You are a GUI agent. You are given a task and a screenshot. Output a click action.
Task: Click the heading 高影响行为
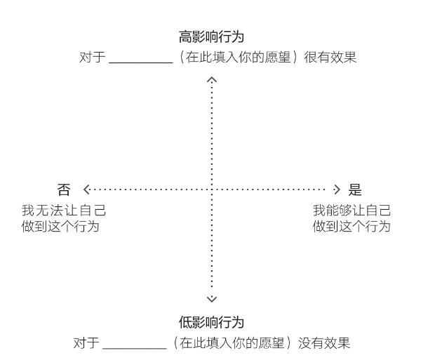(211, 36)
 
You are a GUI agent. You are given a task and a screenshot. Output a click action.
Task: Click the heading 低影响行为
(211, 322)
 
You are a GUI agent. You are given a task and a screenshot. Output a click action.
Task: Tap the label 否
(64, 189)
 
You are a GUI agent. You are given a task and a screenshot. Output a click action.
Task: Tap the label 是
(355, 189)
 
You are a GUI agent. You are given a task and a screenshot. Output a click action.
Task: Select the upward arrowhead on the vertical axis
(212, 80)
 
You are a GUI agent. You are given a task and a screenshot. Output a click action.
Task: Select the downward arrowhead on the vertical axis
(212, 299)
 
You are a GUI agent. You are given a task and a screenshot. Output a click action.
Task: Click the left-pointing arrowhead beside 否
(86, 189)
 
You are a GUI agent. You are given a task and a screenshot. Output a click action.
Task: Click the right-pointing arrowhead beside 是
(337, 189)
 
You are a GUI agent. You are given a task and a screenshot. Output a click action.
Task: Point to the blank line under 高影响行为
(141, 63)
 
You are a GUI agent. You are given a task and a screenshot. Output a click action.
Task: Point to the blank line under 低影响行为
(135, 349)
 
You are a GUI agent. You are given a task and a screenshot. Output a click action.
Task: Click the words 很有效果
(330, 58)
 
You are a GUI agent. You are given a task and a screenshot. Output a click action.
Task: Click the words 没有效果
(324, 343)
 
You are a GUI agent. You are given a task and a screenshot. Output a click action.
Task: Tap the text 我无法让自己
(64, 211)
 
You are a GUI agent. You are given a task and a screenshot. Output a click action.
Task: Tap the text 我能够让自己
(352, 211)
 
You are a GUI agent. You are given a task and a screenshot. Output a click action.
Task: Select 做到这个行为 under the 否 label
(60, 227)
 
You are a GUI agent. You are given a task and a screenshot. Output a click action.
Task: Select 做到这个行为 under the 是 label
(352, 227)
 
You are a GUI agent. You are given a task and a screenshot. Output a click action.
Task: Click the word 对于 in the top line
(92, 58)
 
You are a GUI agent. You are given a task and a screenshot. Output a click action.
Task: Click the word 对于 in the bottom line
(86, 343)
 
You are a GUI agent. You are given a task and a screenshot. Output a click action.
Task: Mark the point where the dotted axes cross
(212, 189)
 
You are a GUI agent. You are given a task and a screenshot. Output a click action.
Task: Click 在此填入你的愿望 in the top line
(239, 58)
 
